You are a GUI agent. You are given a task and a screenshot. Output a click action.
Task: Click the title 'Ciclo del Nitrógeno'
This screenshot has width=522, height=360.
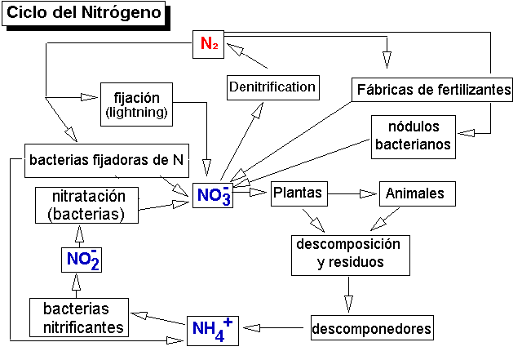[x=86, y=14]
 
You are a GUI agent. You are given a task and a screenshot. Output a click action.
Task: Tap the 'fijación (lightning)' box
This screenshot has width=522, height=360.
[x=136, y=104]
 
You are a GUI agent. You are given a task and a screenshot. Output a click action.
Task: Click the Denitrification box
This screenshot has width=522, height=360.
[x=272, y=87]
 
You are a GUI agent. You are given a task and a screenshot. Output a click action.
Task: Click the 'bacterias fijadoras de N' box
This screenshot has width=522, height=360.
[x=105, y=160]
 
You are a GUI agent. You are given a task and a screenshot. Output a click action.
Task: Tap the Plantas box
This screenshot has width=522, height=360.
[x=299, y=193]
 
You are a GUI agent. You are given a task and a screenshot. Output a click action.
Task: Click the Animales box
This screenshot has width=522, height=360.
[x=416, y=193]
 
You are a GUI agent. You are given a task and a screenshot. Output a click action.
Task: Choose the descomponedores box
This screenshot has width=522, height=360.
[x=372, y=330]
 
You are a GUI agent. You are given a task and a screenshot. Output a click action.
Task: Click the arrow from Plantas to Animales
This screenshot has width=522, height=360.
[x=352, y=194]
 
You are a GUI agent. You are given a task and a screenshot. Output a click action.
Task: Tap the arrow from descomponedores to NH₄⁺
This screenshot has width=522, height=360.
[x=276, y=328]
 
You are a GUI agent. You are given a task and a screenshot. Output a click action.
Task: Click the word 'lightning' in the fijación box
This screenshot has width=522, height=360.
[x=136, y=112]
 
